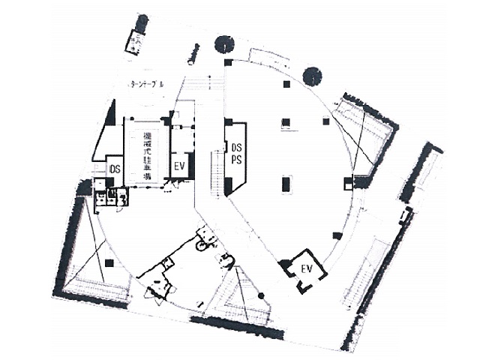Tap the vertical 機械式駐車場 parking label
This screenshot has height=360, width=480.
[x=147, y=154]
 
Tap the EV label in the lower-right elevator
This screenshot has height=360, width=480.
[x=307, y=268]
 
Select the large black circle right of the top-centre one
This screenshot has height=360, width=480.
[x=312, y=75]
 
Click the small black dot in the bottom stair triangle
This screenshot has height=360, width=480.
[x=261, y=296]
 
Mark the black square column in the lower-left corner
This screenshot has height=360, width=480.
[x=109, y=262]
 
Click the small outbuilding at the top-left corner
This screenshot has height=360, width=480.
[x=136, y=35]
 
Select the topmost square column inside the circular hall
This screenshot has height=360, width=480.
[x=285, y=85]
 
